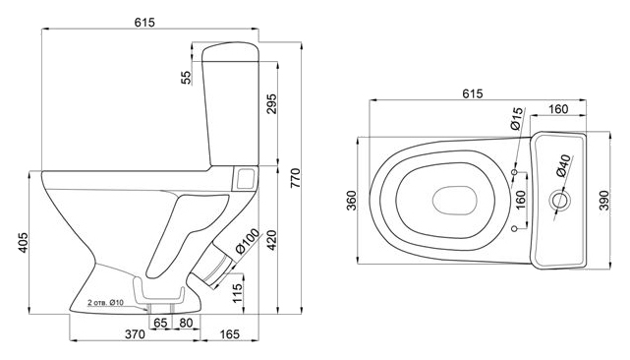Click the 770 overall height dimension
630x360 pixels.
[x=295, y=178]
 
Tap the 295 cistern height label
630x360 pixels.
[x=271, y=104]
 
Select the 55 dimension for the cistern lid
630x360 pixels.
[x=186, y=78]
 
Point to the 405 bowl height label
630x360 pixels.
[x=23, y=243]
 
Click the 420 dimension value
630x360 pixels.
[x=271, y=240]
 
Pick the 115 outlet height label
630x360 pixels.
[x=238, y=293]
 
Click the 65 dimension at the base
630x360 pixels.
[x=160, y=323]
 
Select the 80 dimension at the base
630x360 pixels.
[x=186, y=323]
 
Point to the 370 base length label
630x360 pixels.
[x=135, y=334]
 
